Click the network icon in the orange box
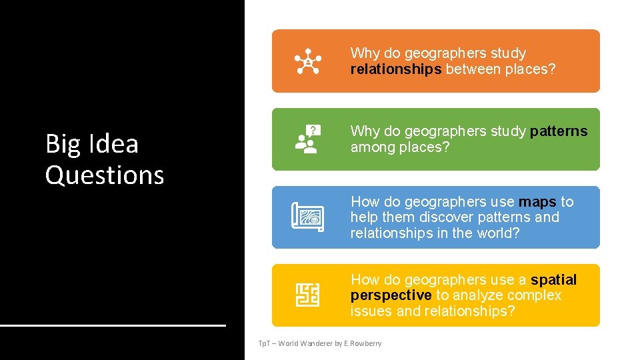point(307,61)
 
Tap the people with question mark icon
point(307,139)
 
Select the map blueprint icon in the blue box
point(307,217)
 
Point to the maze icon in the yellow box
point(307,295)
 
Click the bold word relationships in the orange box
point(396,69)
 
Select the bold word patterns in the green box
point(559,131)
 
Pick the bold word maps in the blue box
point(537,201)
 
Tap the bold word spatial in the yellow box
point(553,279)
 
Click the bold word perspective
point(391,295)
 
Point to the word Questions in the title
point(105,175)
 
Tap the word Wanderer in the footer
point(316,343)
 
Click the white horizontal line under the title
point(113,325)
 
